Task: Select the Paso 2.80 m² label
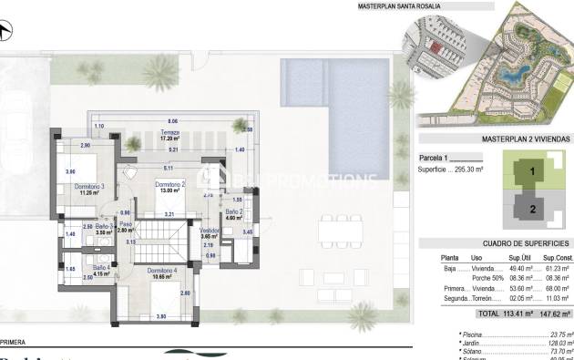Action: pyautogui.click(x=126, y=228)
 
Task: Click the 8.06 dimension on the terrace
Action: pyautogui.click(x=172, y=121)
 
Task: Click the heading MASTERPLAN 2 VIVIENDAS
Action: pyautogui.click(x=525, y=139)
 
